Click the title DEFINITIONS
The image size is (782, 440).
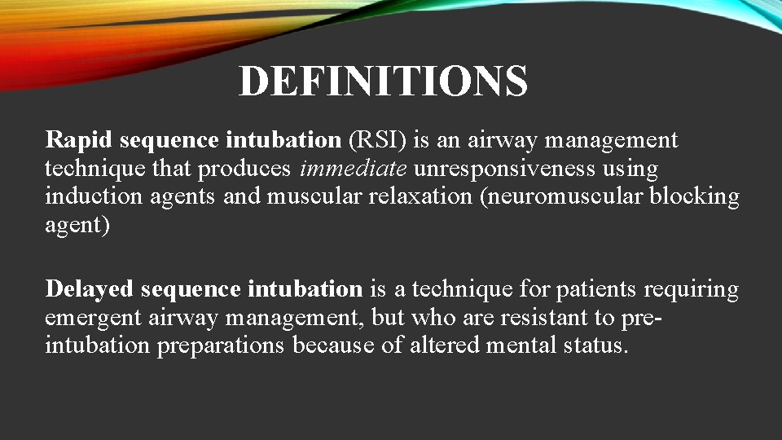[x=383, y=81]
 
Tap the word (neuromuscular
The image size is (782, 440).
[x=563, y=196]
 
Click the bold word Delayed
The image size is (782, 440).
[x=90, y=289]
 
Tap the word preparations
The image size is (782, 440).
[x=221, y=345]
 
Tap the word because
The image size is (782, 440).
[x=336, y=345]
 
